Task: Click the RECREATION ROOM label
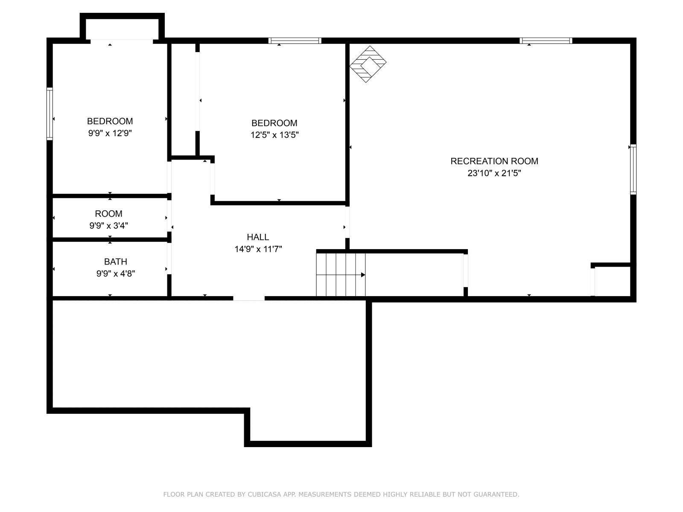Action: (x=494, y=161)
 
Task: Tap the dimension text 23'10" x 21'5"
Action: (x=494, y=173)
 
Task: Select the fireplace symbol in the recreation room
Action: (x=368, y=64)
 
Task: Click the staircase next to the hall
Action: (x=341, y=274)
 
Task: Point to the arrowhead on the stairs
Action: (x=363, y=275)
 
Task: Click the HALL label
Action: (x=258, y=237)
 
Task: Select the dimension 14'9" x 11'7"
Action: (x=258, y=249)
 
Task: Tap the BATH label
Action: (x=115, y=262)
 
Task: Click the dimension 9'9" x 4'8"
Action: (x=115, y=273)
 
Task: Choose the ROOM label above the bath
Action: (x=108, y=214)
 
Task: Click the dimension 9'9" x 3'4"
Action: (x=108, y=226)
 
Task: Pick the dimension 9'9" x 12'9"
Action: (x=110, y=133)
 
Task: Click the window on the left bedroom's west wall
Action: (x=50, y=113)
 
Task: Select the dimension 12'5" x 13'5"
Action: (x=274, y=135)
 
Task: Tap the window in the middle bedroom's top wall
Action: (x=295, y=41)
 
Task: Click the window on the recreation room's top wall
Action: (x=546, y=41)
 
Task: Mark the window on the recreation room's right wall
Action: (x=633, y=169)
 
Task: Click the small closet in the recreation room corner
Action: (x=612, y=281)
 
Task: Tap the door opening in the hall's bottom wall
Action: (x=249, y=298)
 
